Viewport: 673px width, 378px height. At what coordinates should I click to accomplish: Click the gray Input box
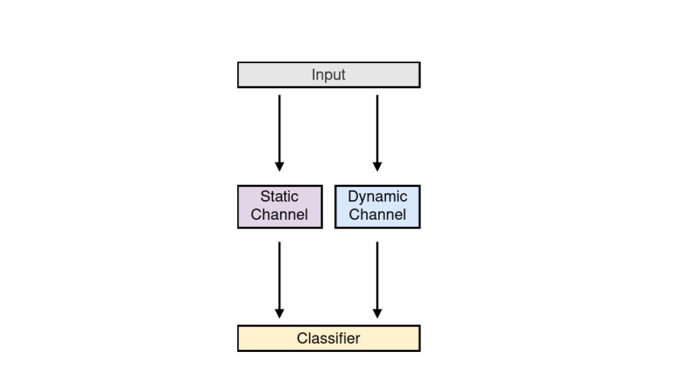(x=329, y=75)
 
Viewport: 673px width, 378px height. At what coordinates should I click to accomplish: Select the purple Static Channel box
(x=280, y=206)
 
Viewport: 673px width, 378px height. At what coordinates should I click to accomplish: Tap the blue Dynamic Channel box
(x=377, y=206)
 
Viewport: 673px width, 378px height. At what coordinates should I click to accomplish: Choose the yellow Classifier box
(x=329, y=338)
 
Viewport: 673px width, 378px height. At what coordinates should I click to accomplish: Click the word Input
(x=328, y=75)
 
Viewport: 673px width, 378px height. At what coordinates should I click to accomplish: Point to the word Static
(x=279, y=197)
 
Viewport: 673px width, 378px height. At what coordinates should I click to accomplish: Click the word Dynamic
(x=377, y=198)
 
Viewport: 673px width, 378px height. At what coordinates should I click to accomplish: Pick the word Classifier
(x=328, y=338)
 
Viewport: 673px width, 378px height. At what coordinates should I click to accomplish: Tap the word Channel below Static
(x=279, y=215)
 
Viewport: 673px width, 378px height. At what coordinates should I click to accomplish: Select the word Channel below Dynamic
(x=377, y=215)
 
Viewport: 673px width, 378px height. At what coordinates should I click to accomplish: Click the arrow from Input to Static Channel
(x=279, y=133)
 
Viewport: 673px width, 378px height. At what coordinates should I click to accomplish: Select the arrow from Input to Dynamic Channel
(x=377, y=133)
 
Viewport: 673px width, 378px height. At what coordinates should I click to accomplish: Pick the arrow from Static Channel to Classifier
(x=279, y=280)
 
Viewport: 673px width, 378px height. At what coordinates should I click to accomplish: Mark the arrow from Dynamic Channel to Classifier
(x=377, y=280)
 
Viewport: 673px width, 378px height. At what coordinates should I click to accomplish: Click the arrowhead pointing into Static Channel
(x=279, y=166)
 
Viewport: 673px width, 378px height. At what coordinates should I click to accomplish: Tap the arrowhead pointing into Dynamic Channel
(x=377, y=166)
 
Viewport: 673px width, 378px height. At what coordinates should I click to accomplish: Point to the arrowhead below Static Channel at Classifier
(x=279, y=313)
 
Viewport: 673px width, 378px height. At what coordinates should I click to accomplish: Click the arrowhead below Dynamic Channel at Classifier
(x=377, y=313)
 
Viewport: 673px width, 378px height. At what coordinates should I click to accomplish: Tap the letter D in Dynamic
(x=353, y=197)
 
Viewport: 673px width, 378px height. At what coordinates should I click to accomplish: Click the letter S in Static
(x=265, y=197)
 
